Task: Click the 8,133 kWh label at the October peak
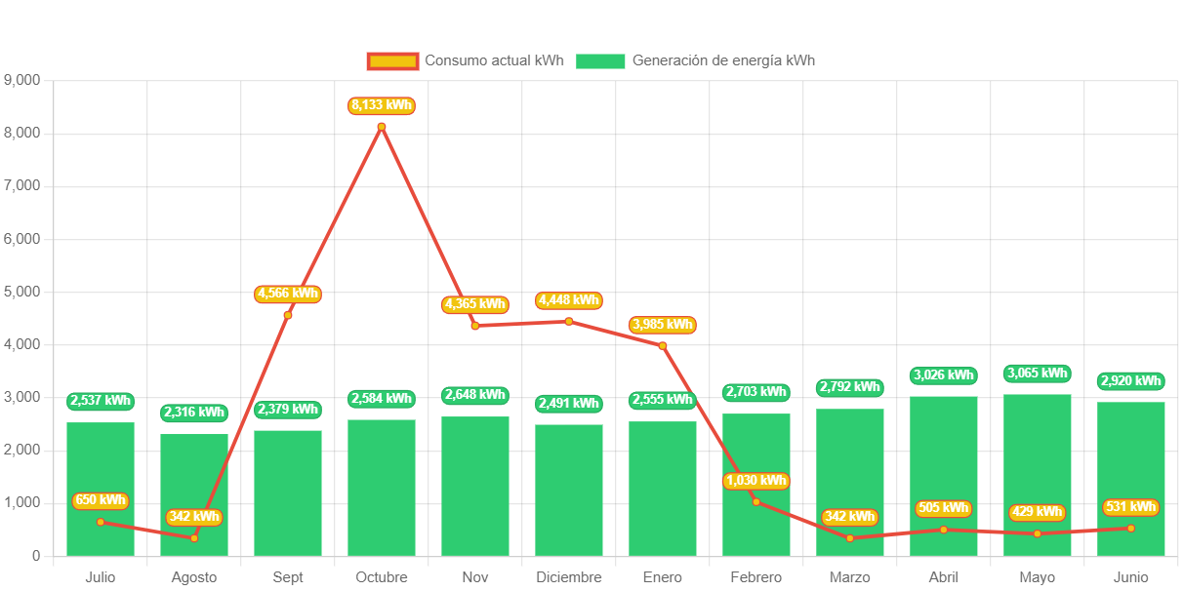click(382, 105)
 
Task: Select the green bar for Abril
click(944, 476)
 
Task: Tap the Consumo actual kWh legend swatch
click(392, 61)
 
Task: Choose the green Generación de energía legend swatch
click(599, 61)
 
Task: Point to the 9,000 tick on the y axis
click(22, 79)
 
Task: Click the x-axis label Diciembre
click(569, 577)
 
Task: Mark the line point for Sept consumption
click(288, 314)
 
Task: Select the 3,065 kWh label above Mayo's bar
click(1038, 374)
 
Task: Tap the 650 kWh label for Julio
click(101, 501)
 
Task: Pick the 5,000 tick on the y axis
click(22, 292)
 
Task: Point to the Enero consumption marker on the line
click(663, 345)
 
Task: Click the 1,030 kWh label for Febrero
click(756, 481)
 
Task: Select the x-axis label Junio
click(1131, 577)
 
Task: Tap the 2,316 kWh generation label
click(194, 413)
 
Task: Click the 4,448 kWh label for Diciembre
click(569, 300)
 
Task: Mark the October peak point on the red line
click(382, 127)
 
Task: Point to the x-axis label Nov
click(475, 577)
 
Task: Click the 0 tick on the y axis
click(36, 556)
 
